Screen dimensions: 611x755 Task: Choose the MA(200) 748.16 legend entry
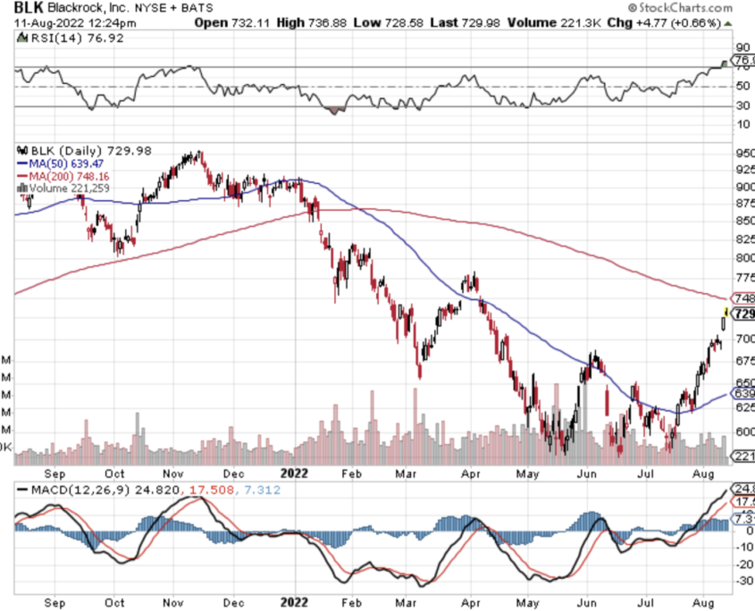pyautogui.click(x=67, y=176)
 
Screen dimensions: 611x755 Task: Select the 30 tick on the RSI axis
pyautogui.click(x=742, y=106)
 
